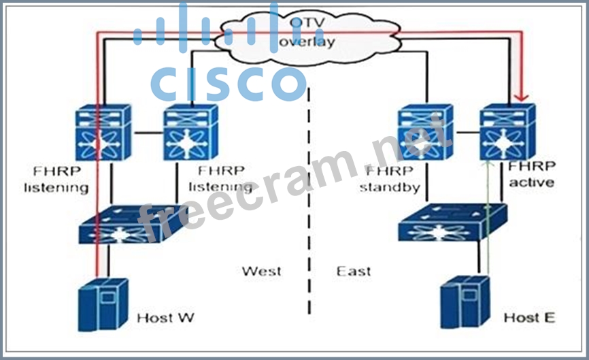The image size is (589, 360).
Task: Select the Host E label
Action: point(530,318)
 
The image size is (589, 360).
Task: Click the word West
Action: point(261,272)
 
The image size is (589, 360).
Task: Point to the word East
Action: point(354,272)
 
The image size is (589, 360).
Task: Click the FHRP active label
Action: point(531,175)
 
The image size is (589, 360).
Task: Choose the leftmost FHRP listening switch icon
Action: point(102,133)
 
